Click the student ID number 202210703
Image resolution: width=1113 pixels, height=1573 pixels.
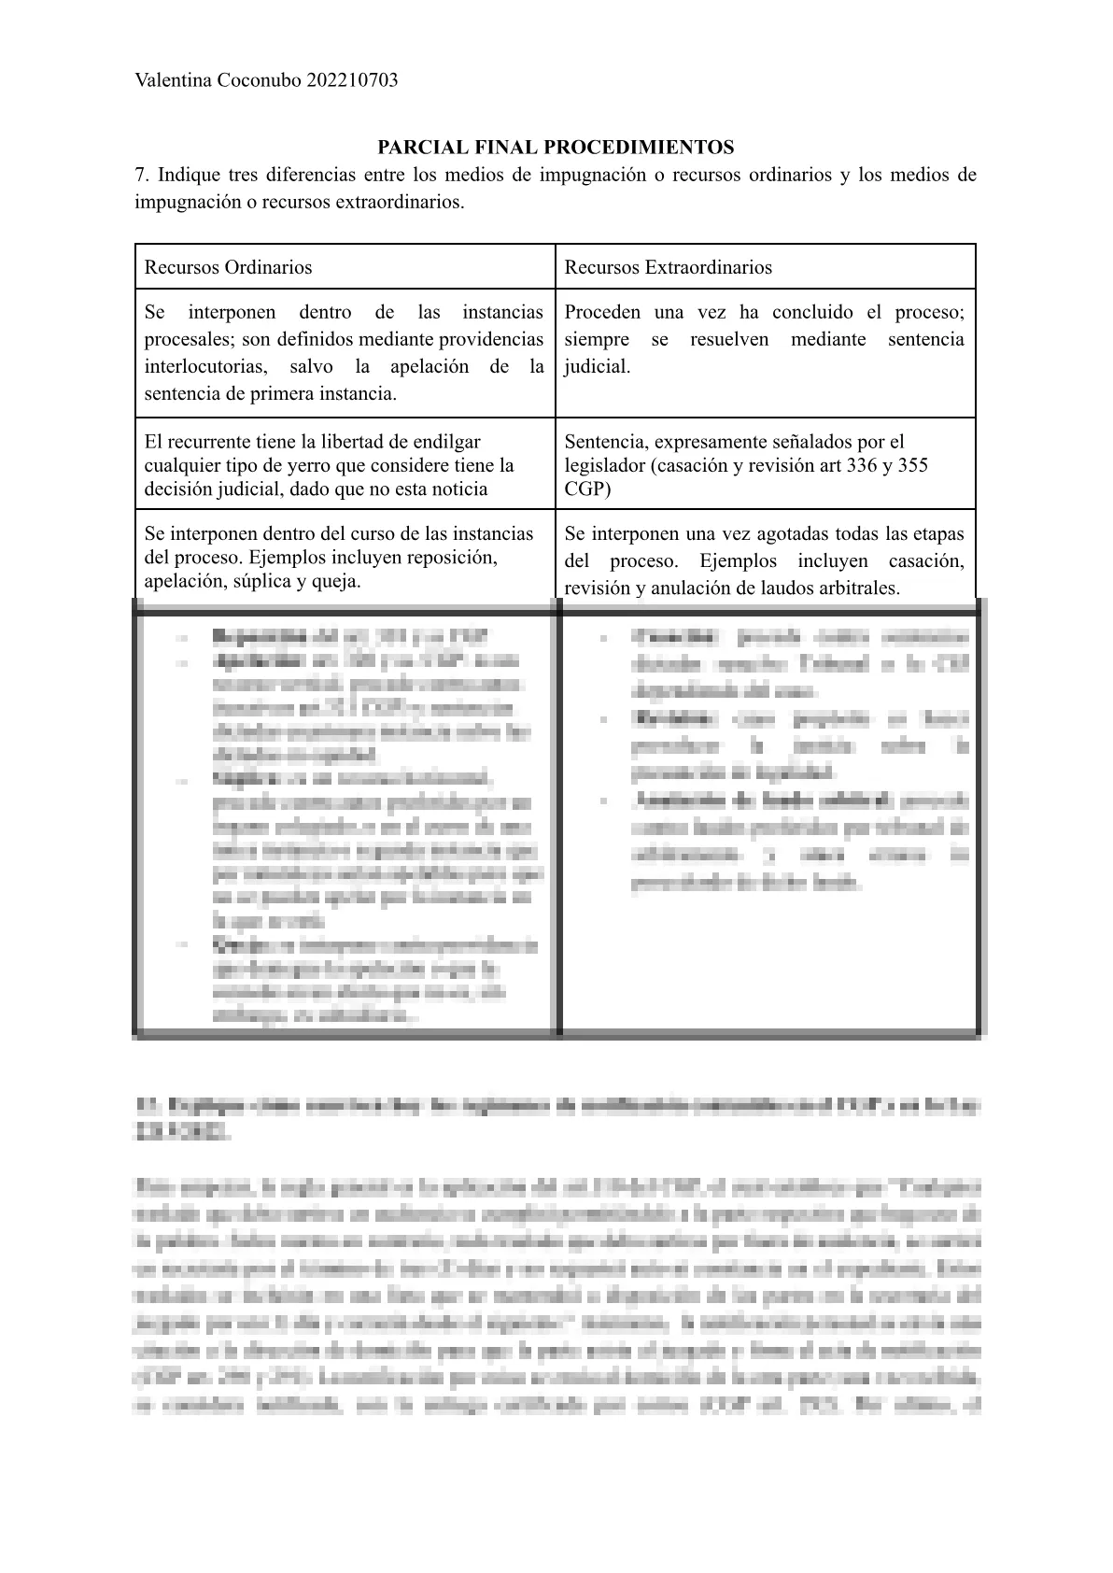[x=351, y=80]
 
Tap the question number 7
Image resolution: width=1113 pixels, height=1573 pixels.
[x=141, y=175]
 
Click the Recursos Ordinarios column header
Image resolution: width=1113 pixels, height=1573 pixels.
[x=228, y=267]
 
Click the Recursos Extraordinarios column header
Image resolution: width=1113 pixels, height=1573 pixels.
[x=668, y=267]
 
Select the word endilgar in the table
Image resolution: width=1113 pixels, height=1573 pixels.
[x=447, y=442]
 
